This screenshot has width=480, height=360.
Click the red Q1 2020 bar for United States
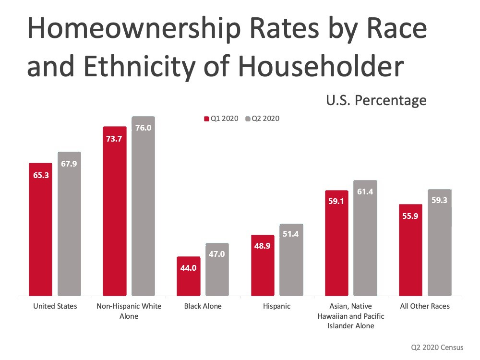40,229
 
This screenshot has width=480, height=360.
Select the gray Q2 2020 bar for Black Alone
217,269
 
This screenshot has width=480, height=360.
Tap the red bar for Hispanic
263,265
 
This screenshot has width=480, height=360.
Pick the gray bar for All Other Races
440,242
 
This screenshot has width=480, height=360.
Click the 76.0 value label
143,128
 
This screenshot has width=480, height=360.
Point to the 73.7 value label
114,139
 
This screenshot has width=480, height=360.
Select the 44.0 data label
188,268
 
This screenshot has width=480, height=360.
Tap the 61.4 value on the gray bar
365,192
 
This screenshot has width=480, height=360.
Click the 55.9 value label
410,216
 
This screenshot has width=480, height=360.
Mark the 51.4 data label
290,234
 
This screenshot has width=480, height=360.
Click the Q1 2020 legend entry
221,119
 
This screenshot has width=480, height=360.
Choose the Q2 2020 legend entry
263,119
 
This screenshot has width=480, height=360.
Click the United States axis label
55,306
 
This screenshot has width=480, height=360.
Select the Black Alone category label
203,306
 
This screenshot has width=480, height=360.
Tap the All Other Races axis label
425,306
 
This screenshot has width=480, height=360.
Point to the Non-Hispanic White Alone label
129,311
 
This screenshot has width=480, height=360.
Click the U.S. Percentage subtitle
376,100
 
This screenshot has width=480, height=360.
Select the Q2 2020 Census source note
437,347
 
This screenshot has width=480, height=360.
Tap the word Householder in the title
321,66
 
